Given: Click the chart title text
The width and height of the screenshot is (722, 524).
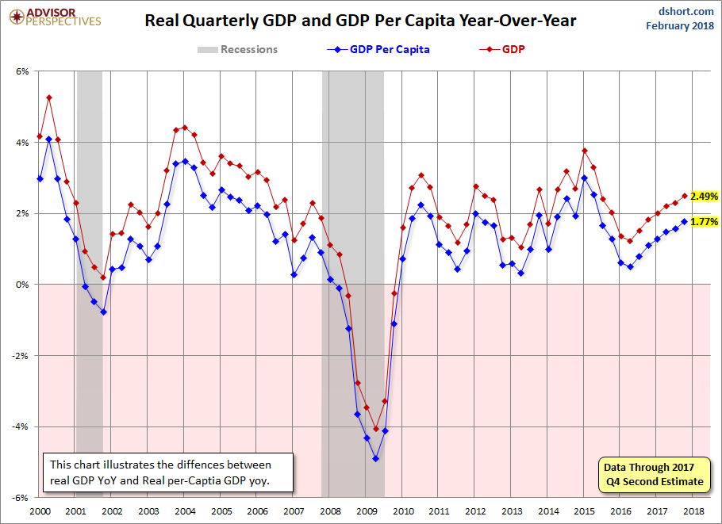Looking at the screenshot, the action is click(x=360, y=21).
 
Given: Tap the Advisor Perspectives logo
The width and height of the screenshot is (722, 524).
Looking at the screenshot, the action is click(x=55, y=17).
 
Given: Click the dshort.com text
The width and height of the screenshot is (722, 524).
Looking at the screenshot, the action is click(x=686, y=11).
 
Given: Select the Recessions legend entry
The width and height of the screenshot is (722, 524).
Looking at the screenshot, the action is click(x=237, y=49).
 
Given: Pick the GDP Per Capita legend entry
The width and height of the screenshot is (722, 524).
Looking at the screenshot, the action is click(x=378, y=49).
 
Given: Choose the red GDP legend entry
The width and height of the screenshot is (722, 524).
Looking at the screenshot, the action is click(x=502, y=49).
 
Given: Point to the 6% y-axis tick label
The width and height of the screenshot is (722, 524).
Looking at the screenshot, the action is click(x=22, y=71).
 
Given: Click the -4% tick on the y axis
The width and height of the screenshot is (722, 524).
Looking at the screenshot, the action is click(x=21, y=426).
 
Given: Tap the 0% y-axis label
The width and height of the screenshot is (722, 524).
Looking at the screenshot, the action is click(x=22, y=285).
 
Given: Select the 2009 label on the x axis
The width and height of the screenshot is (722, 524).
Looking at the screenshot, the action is click(x=367, y=511).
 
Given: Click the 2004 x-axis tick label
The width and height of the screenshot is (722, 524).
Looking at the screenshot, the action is click(x=185, y=511).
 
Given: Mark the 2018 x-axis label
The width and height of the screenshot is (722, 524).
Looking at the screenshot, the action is click(x=693, y=511).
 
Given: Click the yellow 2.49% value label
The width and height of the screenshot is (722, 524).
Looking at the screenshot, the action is click(x=704, y=197).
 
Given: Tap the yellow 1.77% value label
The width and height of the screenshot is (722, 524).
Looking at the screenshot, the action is click(x=704, y=222).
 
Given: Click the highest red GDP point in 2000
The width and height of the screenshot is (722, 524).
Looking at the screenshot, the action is click(x=49, y=98).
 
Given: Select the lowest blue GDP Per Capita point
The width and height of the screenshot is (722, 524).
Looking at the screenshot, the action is click(x=376, y=459).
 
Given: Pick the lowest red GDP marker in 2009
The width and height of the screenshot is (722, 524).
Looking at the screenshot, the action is click(x=376, y=429).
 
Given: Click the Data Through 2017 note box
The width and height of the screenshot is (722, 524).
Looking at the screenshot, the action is click(x=654, y=475).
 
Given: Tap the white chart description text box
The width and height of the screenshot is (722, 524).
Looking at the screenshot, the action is click(x=168, y=472).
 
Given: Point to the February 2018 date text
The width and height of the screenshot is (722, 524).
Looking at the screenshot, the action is click(x=680, y=25).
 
